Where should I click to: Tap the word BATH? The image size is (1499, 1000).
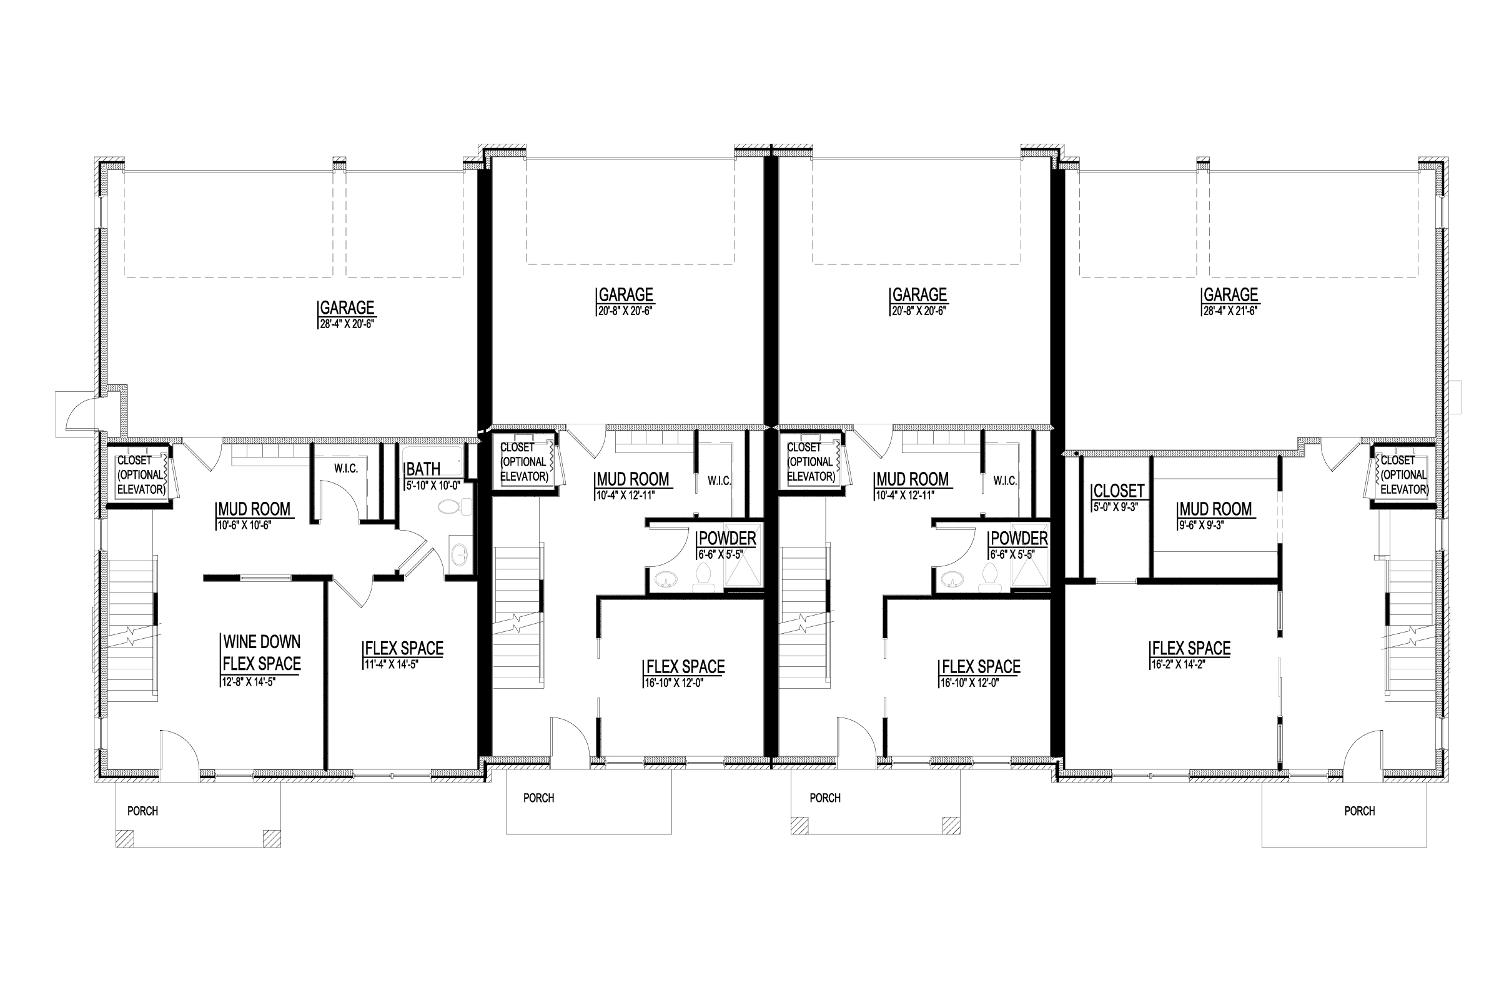coord(423,469)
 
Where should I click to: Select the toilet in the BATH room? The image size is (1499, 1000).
coord(455,507)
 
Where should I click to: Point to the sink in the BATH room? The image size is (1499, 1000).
coord(460,555)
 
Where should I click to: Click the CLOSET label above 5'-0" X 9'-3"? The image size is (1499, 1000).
coord(1119,491)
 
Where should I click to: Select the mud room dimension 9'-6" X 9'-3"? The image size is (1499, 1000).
coord(1200,526)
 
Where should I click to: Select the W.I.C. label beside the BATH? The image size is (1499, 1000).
coord(346,469)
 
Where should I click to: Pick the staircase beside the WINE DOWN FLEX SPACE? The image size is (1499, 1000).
coord(132,628)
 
